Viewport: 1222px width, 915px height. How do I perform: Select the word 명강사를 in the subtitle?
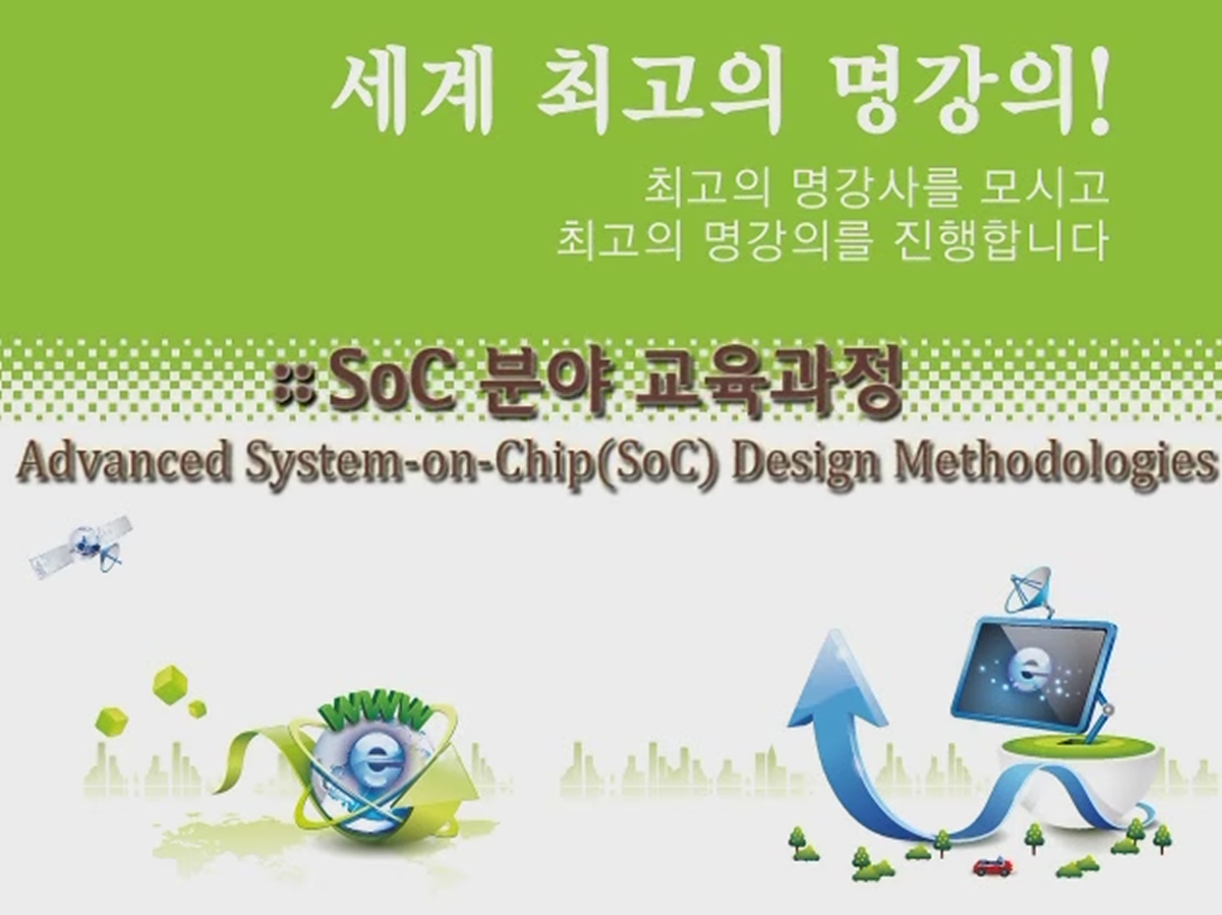(x=877, y=188)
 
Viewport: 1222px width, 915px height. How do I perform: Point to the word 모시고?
(x=1044, y=187)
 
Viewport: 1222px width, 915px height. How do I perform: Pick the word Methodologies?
(x=1056, y=464)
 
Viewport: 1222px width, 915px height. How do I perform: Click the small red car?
(x=992, y=867)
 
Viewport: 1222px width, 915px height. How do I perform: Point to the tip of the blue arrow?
(x=833, y=631)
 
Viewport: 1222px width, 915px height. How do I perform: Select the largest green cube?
(x=170, y=681)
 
